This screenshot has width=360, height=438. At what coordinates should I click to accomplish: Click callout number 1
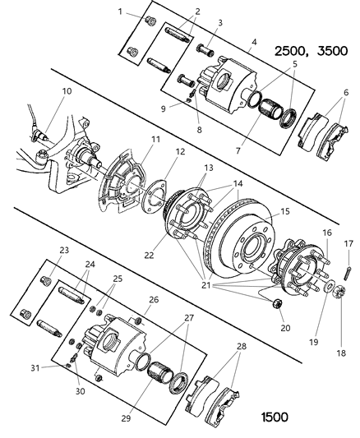coord(120,12)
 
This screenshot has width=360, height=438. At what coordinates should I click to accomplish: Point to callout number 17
coord(348,243)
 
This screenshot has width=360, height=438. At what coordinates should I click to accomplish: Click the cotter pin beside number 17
coord(348,265)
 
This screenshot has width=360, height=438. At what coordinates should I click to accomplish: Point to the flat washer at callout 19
coord(329,290)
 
